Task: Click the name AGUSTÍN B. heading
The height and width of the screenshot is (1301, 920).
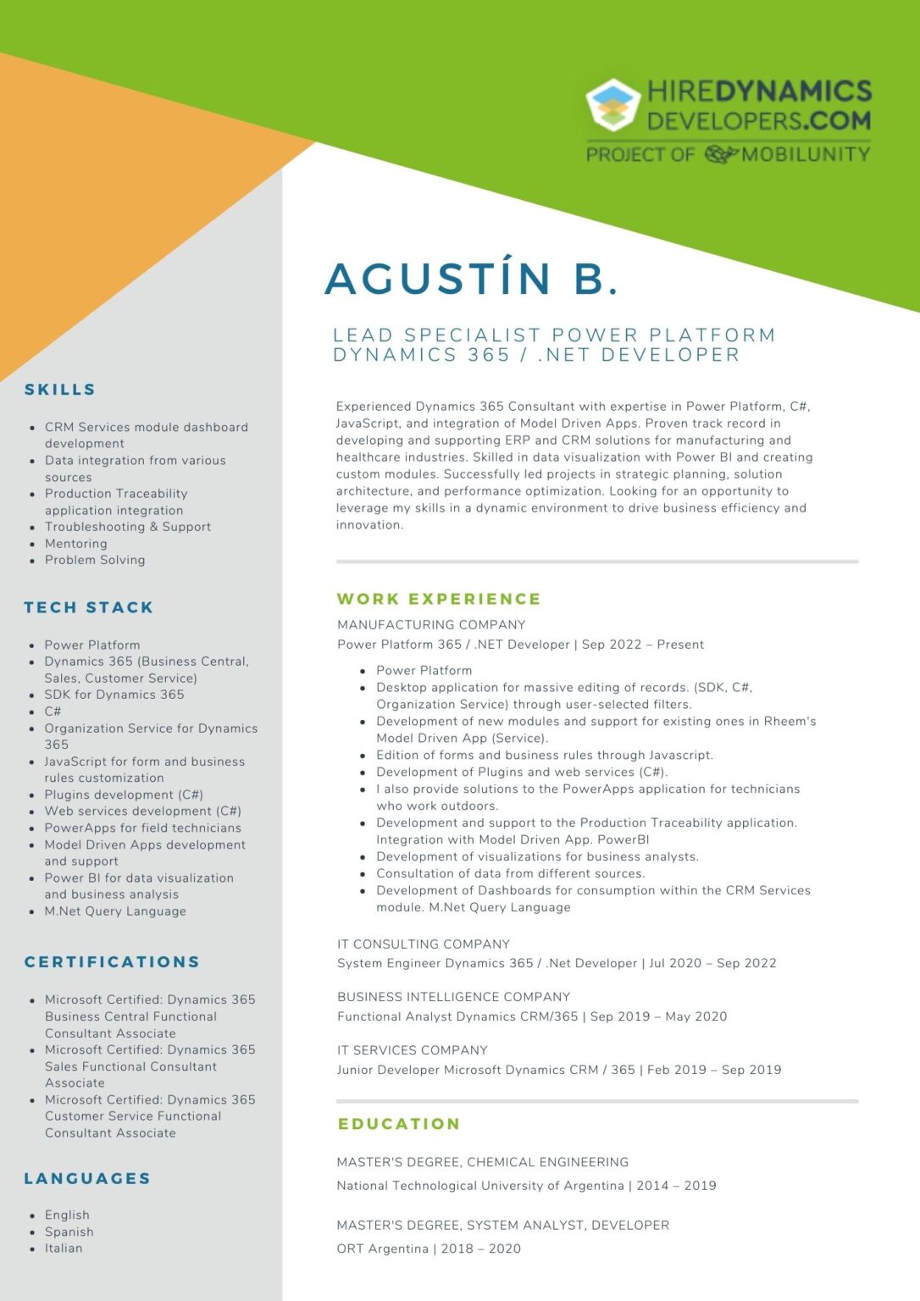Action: (x=471, y=280)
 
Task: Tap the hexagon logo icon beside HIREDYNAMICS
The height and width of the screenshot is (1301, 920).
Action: (x=612, y=105)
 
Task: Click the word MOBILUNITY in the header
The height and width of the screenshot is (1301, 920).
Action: (x=806, y=154)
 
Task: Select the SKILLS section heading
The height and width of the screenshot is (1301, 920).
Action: (x=60, y=390)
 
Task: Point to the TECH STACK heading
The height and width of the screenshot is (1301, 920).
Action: (x=89, y=607)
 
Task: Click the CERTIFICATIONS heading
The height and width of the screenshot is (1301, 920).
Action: (x=112, y=962)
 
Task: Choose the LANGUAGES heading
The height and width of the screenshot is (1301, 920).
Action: (x=87, y=1178)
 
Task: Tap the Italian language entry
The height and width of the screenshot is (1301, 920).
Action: (x=64, y=1248)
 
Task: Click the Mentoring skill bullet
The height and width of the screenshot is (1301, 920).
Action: (x=76, y=544)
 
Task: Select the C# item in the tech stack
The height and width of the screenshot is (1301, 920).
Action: (x=53, y=711)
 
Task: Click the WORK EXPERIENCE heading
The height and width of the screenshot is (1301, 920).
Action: (x=439, y=599)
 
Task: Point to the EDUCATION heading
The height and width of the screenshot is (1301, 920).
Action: (x=399, y=1124)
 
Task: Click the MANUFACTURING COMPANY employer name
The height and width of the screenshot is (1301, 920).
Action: (x=431, y=625)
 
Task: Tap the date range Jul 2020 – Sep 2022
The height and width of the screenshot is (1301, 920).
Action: (x=712, y=963)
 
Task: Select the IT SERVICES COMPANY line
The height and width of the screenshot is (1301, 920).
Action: (x=413, y=1050)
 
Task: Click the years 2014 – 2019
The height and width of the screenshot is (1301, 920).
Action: (x=676, y=1186)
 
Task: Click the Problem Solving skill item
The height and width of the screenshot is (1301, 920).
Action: (x=95, y=560)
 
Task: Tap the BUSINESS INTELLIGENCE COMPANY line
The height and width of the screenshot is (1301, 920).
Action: (x=453, y=997)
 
